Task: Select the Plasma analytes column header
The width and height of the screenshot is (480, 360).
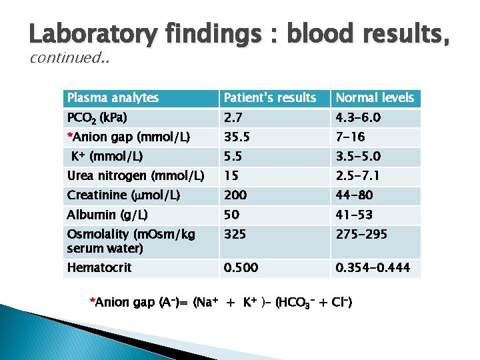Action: [113, 98]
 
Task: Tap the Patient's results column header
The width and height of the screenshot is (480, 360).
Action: [270, 98]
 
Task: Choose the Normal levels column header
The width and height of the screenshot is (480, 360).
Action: [375, 98]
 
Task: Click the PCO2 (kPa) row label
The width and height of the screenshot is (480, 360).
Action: [97, 118]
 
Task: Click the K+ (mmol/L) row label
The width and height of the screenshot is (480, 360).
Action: [107, 157]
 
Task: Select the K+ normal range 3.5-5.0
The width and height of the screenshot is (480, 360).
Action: [364, 157]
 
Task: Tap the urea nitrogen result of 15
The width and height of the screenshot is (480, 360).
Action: [231, 176]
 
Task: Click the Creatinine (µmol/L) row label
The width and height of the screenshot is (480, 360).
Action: [123, 195]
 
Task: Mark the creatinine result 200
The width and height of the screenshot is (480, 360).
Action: [235, 195]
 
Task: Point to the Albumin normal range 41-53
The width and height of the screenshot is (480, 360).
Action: [354, 215]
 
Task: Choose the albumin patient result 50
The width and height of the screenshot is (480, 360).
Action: [231, 215]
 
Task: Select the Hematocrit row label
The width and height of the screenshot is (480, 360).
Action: [99, 267]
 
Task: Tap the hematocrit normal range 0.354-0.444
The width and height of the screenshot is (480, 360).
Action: [373, 267]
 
